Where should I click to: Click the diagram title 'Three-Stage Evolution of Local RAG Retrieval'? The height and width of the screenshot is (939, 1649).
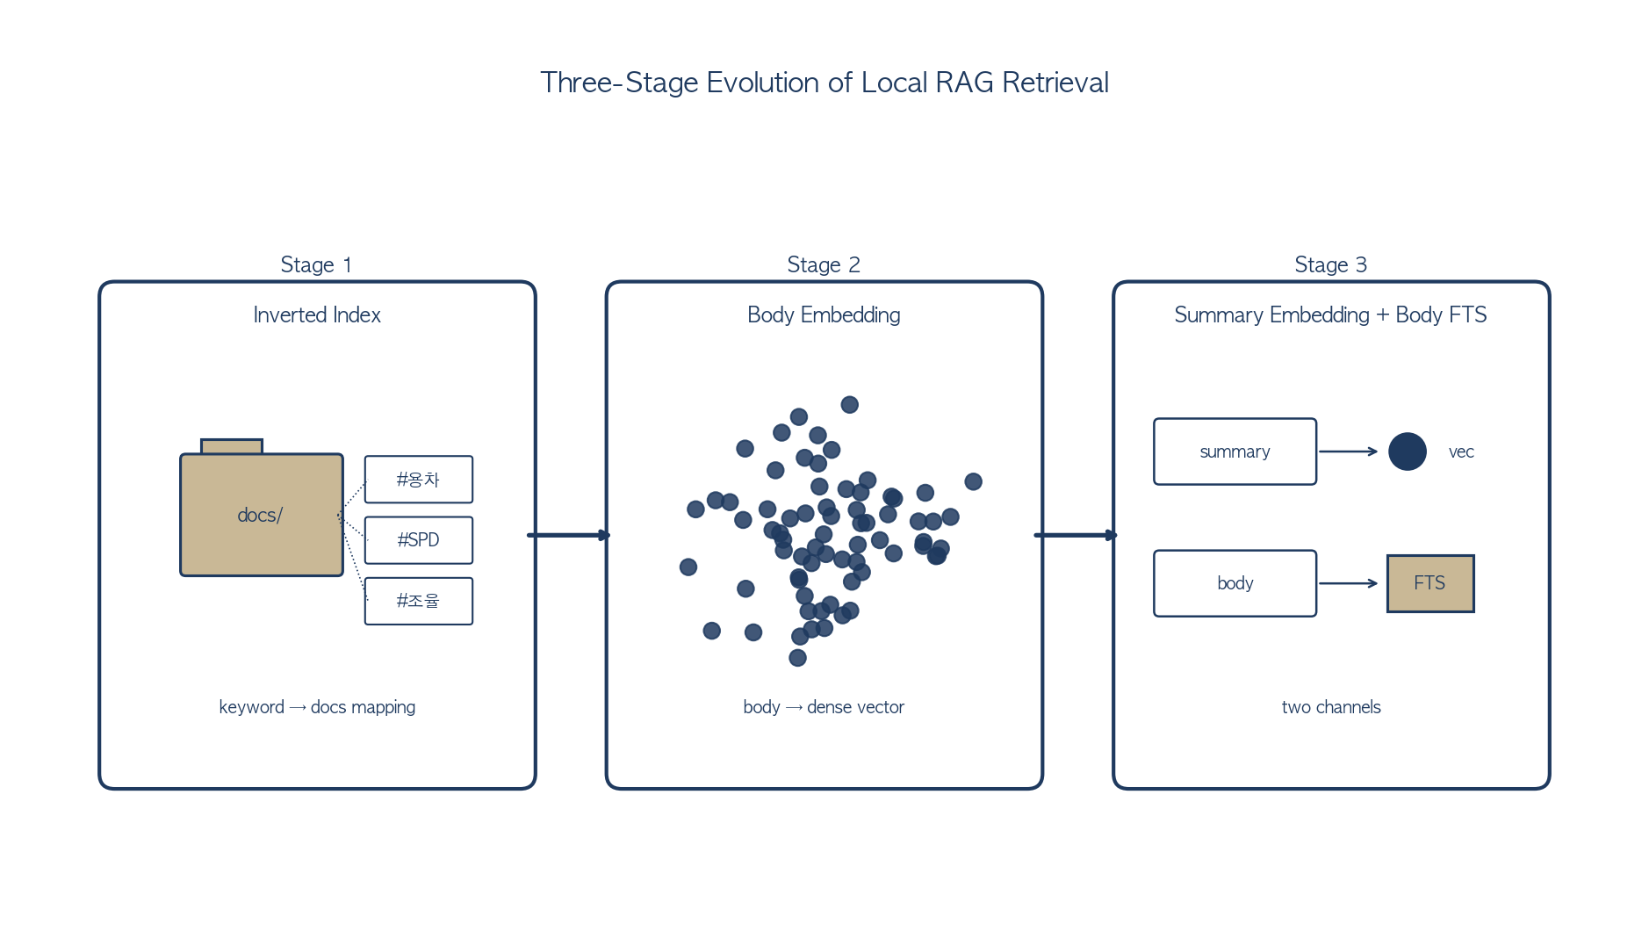(x=824, y=83)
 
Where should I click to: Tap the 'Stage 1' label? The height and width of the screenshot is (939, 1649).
(x=316, y=264)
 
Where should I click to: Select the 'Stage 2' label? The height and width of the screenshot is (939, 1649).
(x=824, y=264)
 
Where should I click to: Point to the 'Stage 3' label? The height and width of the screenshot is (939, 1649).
(x=1331, y=264)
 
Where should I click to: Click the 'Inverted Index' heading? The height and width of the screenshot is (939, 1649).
(x=317, y=314)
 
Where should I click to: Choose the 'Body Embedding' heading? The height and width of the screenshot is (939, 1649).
(x=824, y=314)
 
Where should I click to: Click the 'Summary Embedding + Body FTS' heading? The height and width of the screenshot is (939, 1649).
(x=1331, y=314)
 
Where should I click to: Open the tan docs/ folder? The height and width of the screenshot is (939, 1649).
(x=262, y=514)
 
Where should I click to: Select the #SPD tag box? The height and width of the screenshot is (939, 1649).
(x=419, y=540)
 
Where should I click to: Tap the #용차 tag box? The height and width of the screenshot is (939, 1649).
(x=419, y=480)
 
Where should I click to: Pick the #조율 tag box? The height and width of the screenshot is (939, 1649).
(x=419, y=601)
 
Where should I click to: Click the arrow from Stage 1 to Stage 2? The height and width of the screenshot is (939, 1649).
(x=568, y=535)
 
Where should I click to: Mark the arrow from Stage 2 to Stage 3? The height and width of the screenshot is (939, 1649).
(x=1076, y=535)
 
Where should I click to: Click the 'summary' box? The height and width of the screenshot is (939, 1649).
(x=1235, y=451)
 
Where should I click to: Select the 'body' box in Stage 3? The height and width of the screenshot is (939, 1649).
(x=1235, y=583)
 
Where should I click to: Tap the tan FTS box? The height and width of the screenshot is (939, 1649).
(x=1430, y=583)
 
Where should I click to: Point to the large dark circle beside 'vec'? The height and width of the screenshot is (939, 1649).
(x=1408, y=451)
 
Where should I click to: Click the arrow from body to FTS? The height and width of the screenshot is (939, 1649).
(x=1349, y=583)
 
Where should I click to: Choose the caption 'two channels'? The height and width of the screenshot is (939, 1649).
(x=1331, y=707)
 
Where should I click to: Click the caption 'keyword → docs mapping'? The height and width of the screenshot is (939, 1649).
(x=317, y=707)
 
